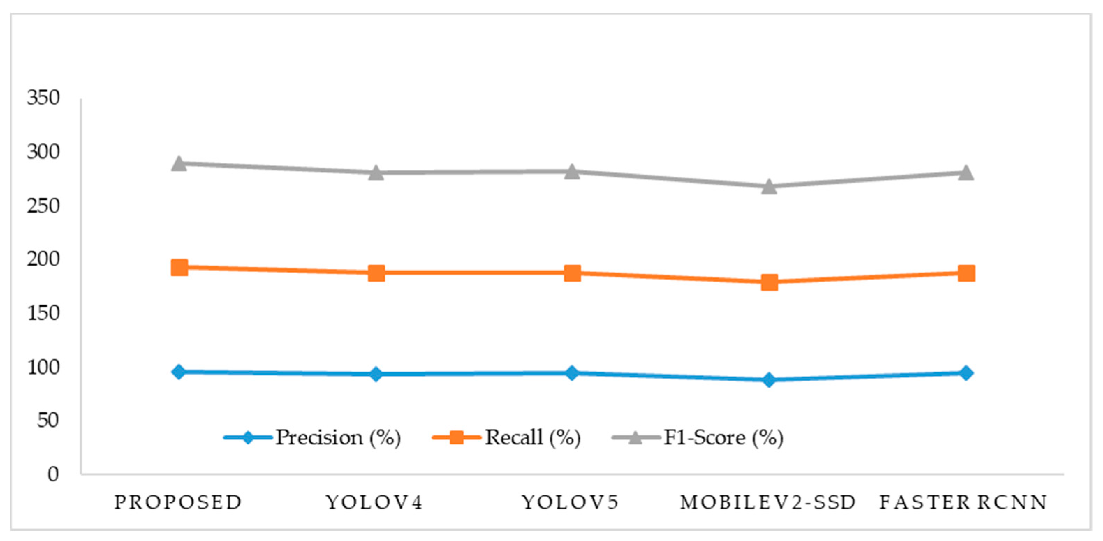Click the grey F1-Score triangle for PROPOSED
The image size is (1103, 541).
point(179,163)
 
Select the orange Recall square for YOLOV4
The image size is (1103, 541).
point(376,273)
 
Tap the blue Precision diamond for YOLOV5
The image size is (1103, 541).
point(572,373)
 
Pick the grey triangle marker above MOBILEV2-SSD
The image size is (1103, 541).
point(769,186)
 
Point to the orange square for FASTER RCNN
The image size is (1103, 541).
point(966,273)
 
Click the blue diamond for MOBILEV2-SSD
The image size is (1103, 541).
point(769,380)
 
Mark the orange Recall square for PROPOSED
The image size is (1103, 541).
point(179,267)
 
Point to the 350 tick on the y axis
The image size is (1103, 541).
point(43,98)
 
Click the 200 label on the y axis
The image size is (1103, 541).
point(43,259)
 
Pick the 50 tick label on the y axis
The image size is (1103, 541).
point(48,420)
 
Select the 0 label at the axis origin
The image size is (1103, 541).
point(53,474)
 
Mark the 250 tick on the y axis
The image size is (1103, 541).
point(43,206)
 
